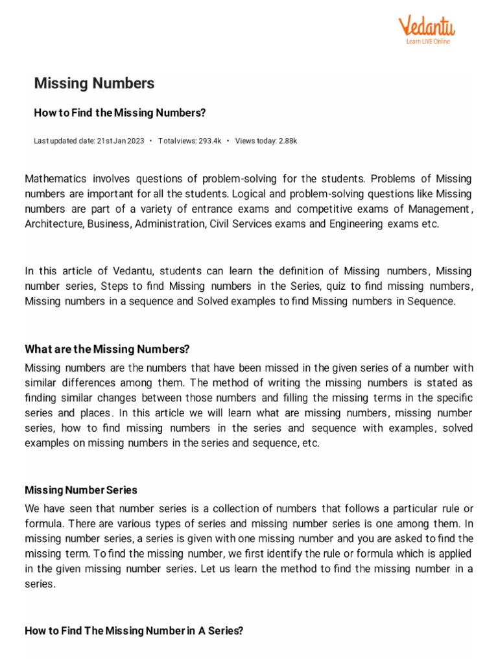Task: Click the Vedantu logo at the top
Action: point(426,27)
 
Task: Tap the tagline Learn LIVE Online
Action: point(427,41)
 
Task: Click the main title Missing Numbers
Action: point(94,84)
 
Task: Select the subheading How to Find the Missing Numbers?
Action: point(119,113)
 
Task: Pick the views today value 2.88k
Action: point(283,141)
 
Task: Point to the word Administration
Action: point(171,224)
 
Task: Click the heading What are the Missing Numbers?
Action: point(107,350)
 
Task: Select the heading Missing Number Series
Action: point(81,490)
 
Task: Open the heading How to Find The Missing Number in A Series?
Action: point(134,631)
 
